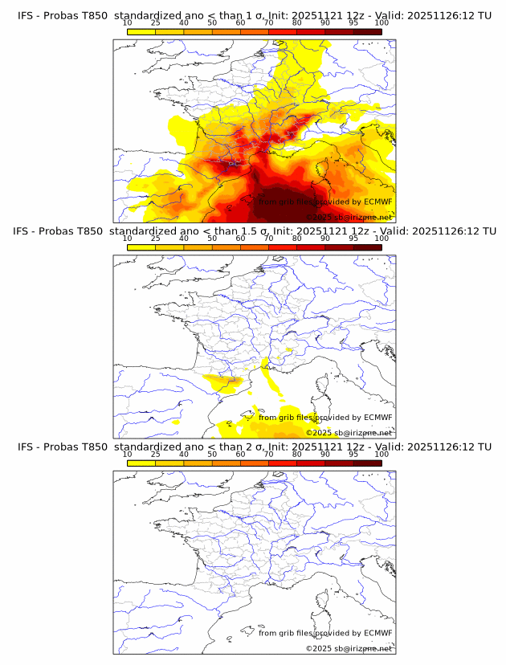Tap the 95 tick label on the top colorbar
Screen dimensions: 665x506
[353, 23]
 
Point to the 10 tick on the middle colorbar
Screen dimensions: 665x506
[128, 239]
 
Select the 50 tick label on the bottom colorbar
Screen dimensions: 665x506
[212, 454]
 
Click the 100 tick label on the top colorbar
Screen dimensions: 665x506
[382, 23]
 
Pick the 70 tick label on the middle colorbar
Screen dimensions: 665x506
[269, 239]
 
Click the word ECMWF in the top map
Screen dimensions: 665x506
[377, 202]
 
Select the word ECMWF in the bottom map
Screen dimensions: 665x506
[377, 632]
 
